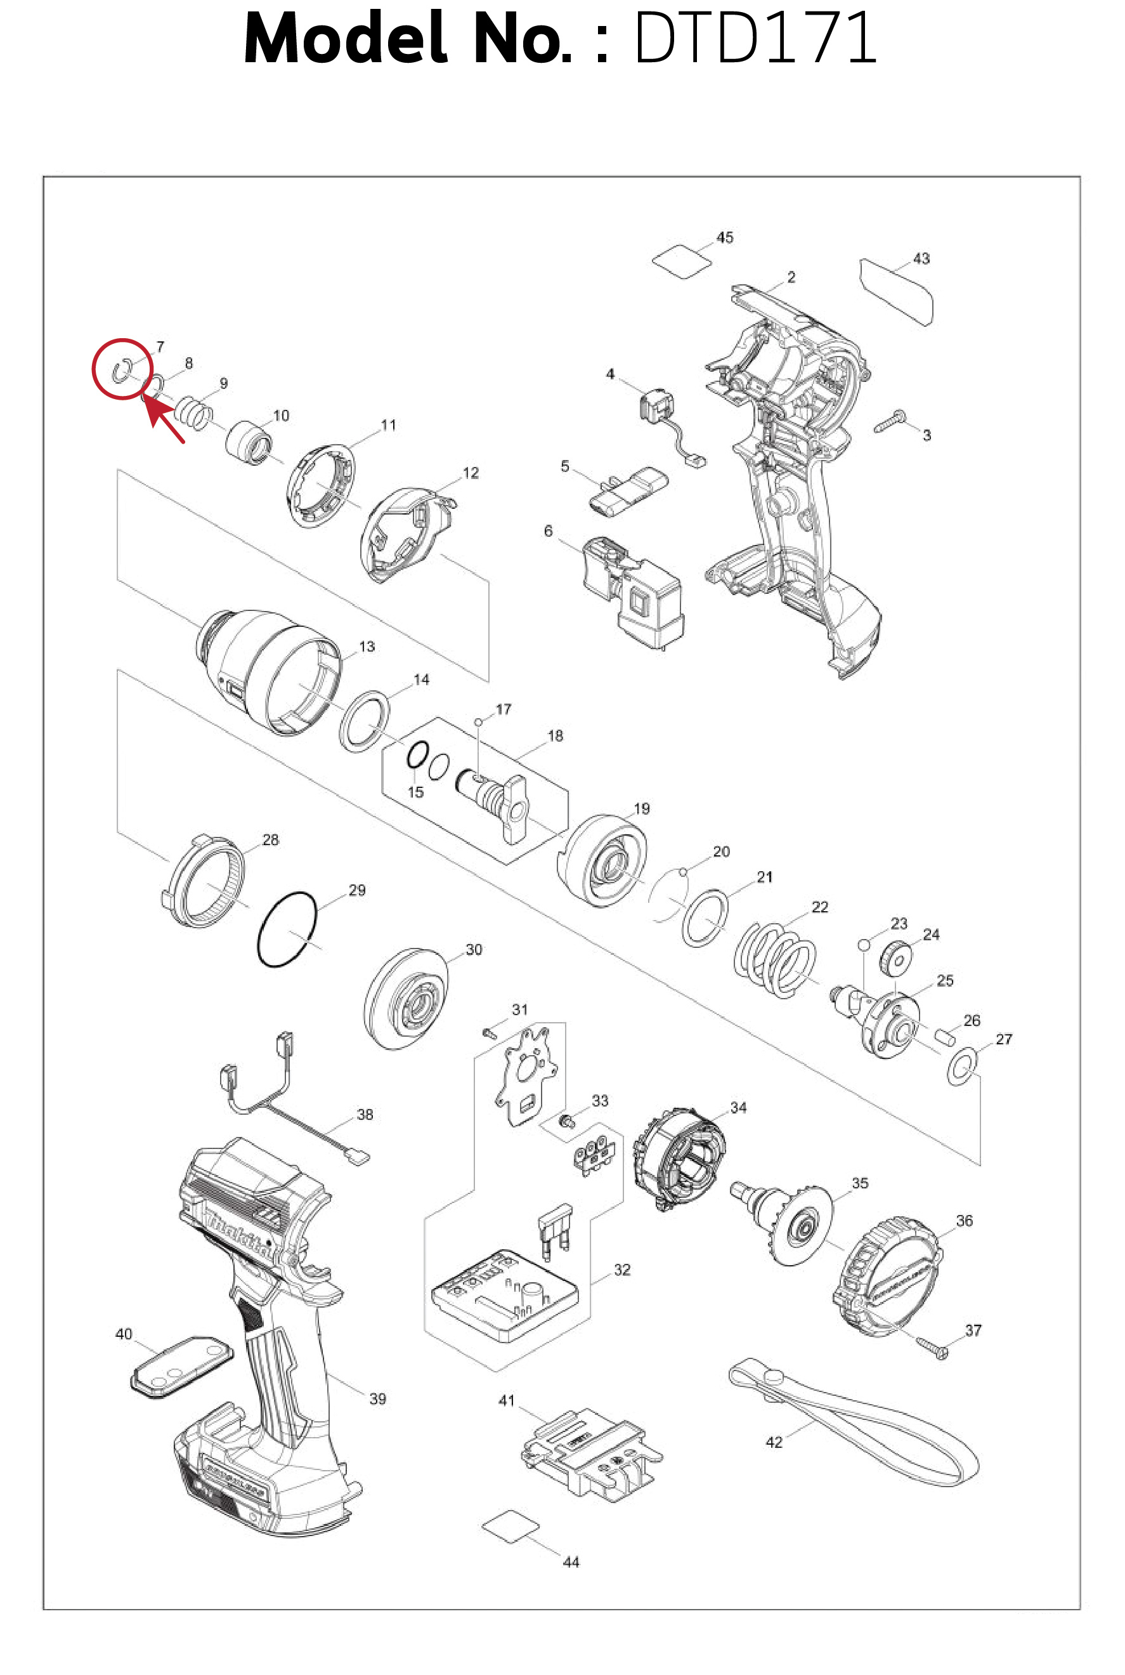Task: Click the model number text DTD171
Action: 755,39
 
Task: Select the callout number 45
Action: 725,237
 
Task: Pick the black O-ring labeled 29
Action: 287,929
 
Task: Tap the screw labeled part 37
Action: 932,1347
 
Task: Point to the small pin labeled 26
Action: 946,1035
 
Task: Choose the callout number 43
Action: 921,258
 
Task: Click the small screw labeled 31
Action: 490,1034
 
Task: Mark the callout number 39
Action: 377,1398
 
